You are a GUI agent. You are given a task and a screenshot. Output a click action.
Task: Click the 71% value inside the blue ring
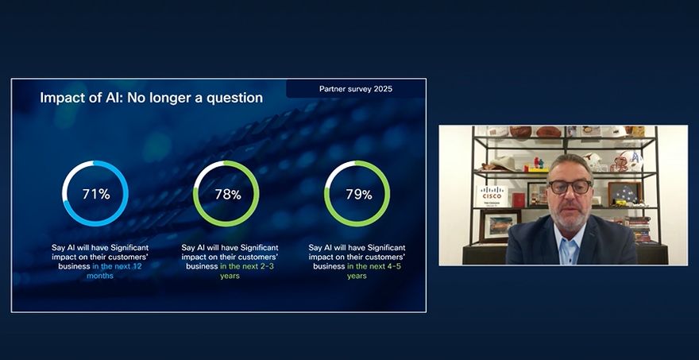coord(96,194)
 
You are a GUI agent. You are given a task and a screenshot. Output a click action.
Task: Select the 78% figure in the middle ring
coord(228,195)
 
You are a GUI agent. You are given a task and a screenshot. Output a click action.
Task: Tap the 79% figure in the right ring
coord(359,195)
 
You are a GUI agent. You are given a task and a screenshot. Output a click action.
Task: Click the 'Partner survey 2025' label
coord(356,89)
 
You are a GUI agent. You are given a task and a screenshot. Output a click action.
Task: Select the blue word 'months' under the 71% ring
coord(100,276)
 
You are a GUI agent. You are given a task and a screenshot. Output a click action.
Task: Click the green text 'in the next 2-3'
coord(249,266)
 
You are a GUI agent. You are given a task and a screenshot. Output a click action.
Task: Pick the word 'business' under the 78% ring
coord(203,266)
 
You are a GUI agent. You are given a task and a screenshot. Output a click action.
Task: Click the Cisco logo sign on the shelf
coord(492,196)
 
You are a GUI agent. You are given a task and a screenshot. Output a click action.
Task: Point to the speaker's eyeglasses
coord(570,187)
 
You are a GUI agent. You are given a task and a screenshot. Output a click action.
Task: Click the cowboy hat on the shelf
coord(500,165)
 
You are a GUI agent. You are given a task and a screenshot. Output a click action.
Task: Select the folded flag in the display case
coord(625,193)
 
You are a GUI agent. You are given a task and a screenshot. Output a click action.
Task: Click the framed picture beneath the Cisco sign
coord(500,226)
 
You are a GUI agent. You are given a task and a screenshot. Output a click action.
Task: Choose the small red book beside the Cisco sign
coord(518,199)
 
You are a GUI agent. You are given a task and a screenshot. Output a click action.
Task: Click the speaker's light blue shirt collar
coord(570,237)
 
